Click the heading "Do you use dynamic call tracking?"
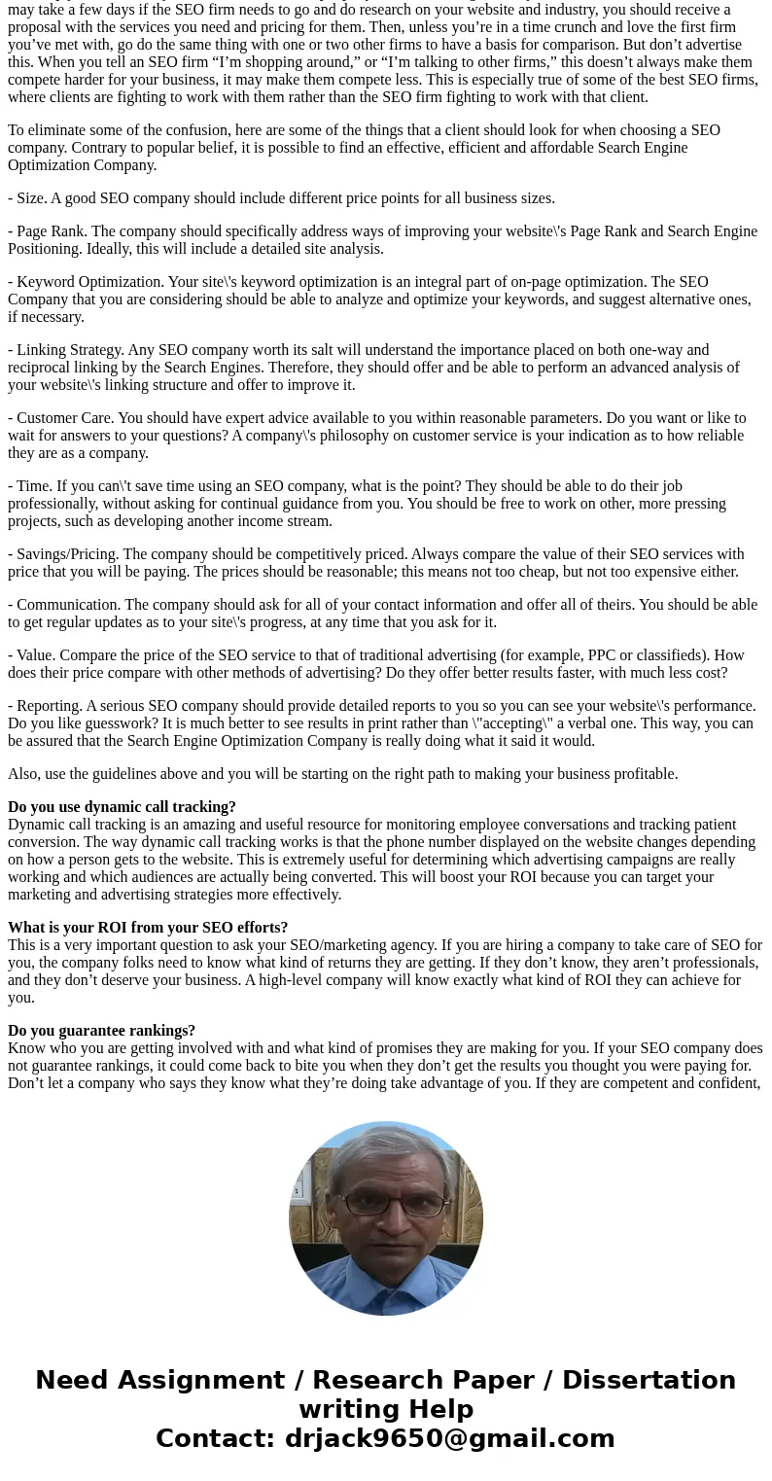point(122,807)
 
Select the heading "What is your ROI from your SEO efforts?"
point(148,928)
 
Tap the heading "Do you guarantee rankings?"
point(102,1031)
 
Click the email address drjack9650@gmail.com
point(449,1439)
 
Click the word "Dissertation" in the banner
point(649,1381)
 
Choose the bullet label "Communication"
point(66,605)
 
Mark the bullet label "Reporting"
point(47,706)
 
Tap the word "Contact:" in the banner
point(215,1439)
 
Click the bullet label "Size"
point(30,198)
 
